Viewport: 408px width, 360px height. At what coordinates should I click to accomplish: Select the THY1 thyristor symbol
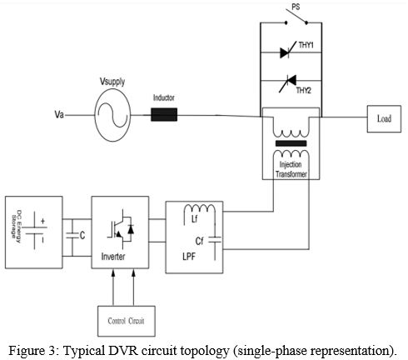(x=288, y=52)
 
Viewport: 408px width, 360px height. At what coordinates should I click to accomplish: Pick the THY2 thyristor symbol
(x=288, y=83)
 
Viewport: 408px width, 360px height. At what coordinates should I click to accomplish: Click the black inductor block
(x=164, y=114)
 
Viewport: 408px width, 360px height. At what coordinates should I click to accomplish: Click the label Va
(x=59, y=114)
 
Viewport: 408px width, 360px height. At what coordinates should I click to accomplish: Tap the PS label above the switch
(x=296, y=7)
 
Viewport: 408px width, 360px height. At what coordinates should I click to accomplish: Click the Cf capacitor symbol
(x=215, y=241)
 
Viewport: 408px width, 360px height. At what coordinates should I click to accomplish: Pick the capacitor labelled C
(x=72, y=236)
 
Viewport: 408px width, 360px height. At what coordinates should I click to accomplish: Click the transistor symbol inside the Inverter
(x=121, y=229)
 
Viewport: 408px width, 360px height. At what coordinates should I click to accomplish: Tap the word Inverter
(x=113, y=257)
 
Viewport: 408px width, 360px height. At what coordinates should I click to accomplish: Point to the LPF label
(x=189, y=257)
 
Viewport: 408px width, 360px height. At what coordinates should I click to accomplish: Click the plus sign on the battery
(x=42, y=221)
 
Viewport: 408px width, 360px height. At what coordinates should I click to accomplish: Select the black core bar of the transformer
(x=291, y=143)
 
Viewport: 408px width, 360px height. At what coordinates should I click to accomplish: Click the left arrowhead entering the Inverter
(x=113, y=272)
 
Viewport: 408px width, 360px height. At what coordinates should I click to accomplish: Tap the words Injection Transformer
(x=291, y=169)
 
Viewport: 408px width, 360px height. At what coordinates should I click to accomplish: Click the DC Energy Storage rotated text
(x=16, y=227)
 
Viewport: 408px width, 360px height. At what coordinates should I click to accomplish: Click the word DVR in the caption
(x=123, y=350)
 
